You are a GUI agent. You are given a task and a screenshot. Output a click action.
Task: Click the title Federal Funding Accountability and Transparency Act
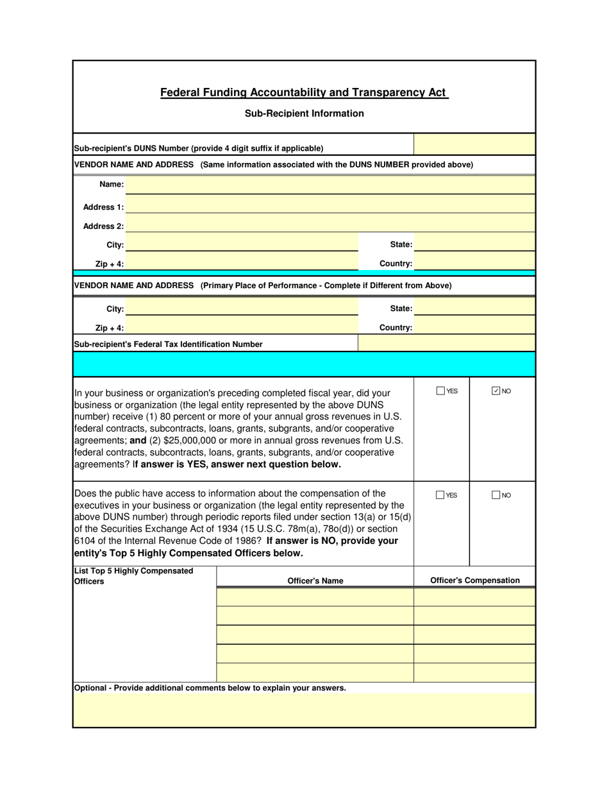coord(304,92)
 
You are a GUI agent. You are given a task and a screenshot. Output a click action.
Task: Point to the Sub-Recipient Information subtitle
coord(304,114)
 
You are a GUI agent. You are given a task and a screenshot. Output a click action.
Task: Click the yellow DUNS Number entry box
coord(474,145)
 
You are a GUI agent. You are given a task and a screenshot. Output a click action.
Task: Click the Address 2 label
coord(103,226)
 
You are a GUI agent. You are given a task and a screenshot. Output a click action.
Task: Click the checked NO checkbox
coord(496,391)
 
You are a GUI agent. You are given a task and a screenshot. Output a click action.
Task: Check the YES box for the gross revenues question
coord(440,391)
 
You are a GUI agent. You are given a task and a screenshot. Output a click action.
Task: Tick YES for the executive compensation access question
coord(440,495)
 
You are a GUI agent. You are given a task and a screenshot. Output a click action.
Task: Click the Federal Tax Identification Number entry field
coord(446,344)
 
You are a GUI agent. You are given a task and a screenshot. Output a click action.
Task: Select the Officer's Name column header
coord(315,581)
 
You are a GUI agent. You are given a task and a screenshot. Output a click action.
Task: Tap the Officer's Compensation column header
coord(474,581)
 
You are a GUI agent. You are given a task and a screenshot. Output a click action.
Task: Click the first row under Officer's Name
coord(315,597)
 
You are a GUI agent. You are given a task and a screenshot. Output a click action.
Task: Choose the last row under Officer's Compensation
coord(474,673)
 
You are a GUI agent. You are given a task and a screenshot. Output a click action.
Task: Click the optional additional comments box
coord(304,710)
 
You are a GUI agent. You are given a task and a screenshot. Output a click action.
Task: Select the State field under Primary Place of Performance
coord(474,309)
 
